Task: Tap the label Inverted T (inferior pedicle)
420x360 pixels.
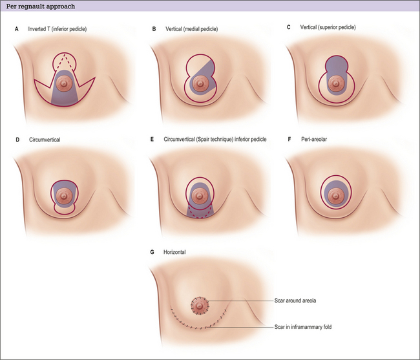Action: [x=58, y=29]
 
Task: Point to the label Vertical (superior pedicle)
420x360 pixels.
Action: [x=330, y=27]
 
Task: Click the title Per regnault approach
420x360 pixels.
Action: [x=39, y=6]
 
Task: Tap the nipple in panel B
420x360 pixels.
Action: [x=202, y=83]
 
